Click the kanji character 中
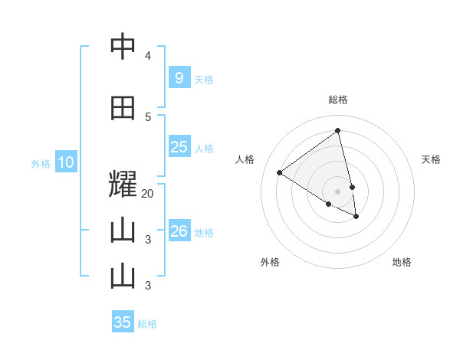(x=123, y=47)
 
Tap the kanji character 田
(x=123, y=108)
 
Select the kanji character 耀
(x=123, y=185)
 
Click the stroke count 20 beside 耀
(x=148, y=194)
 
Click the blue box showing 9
(x=179, y=77)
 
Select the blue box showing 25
(x=179, y=147)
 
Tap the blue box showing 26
(x=179, y=231)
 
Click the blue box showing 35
(x=123, y=322)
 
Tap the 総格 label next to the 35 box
(x=147, y=324)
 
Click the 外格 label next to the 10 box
(x=40, y=163)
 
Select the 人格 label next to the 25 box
(x=204, y=149)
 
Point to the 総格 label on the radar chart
(x=338, y=100)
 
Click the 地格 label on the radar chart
(x=402, y=262)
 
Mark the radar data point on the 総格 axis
(x=338, y=130)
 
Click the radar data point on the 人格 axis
(x=279, y=172)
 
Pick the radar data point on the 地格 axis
(x=356, y=217)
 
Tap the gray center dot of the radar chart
(x=338, y=191)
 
